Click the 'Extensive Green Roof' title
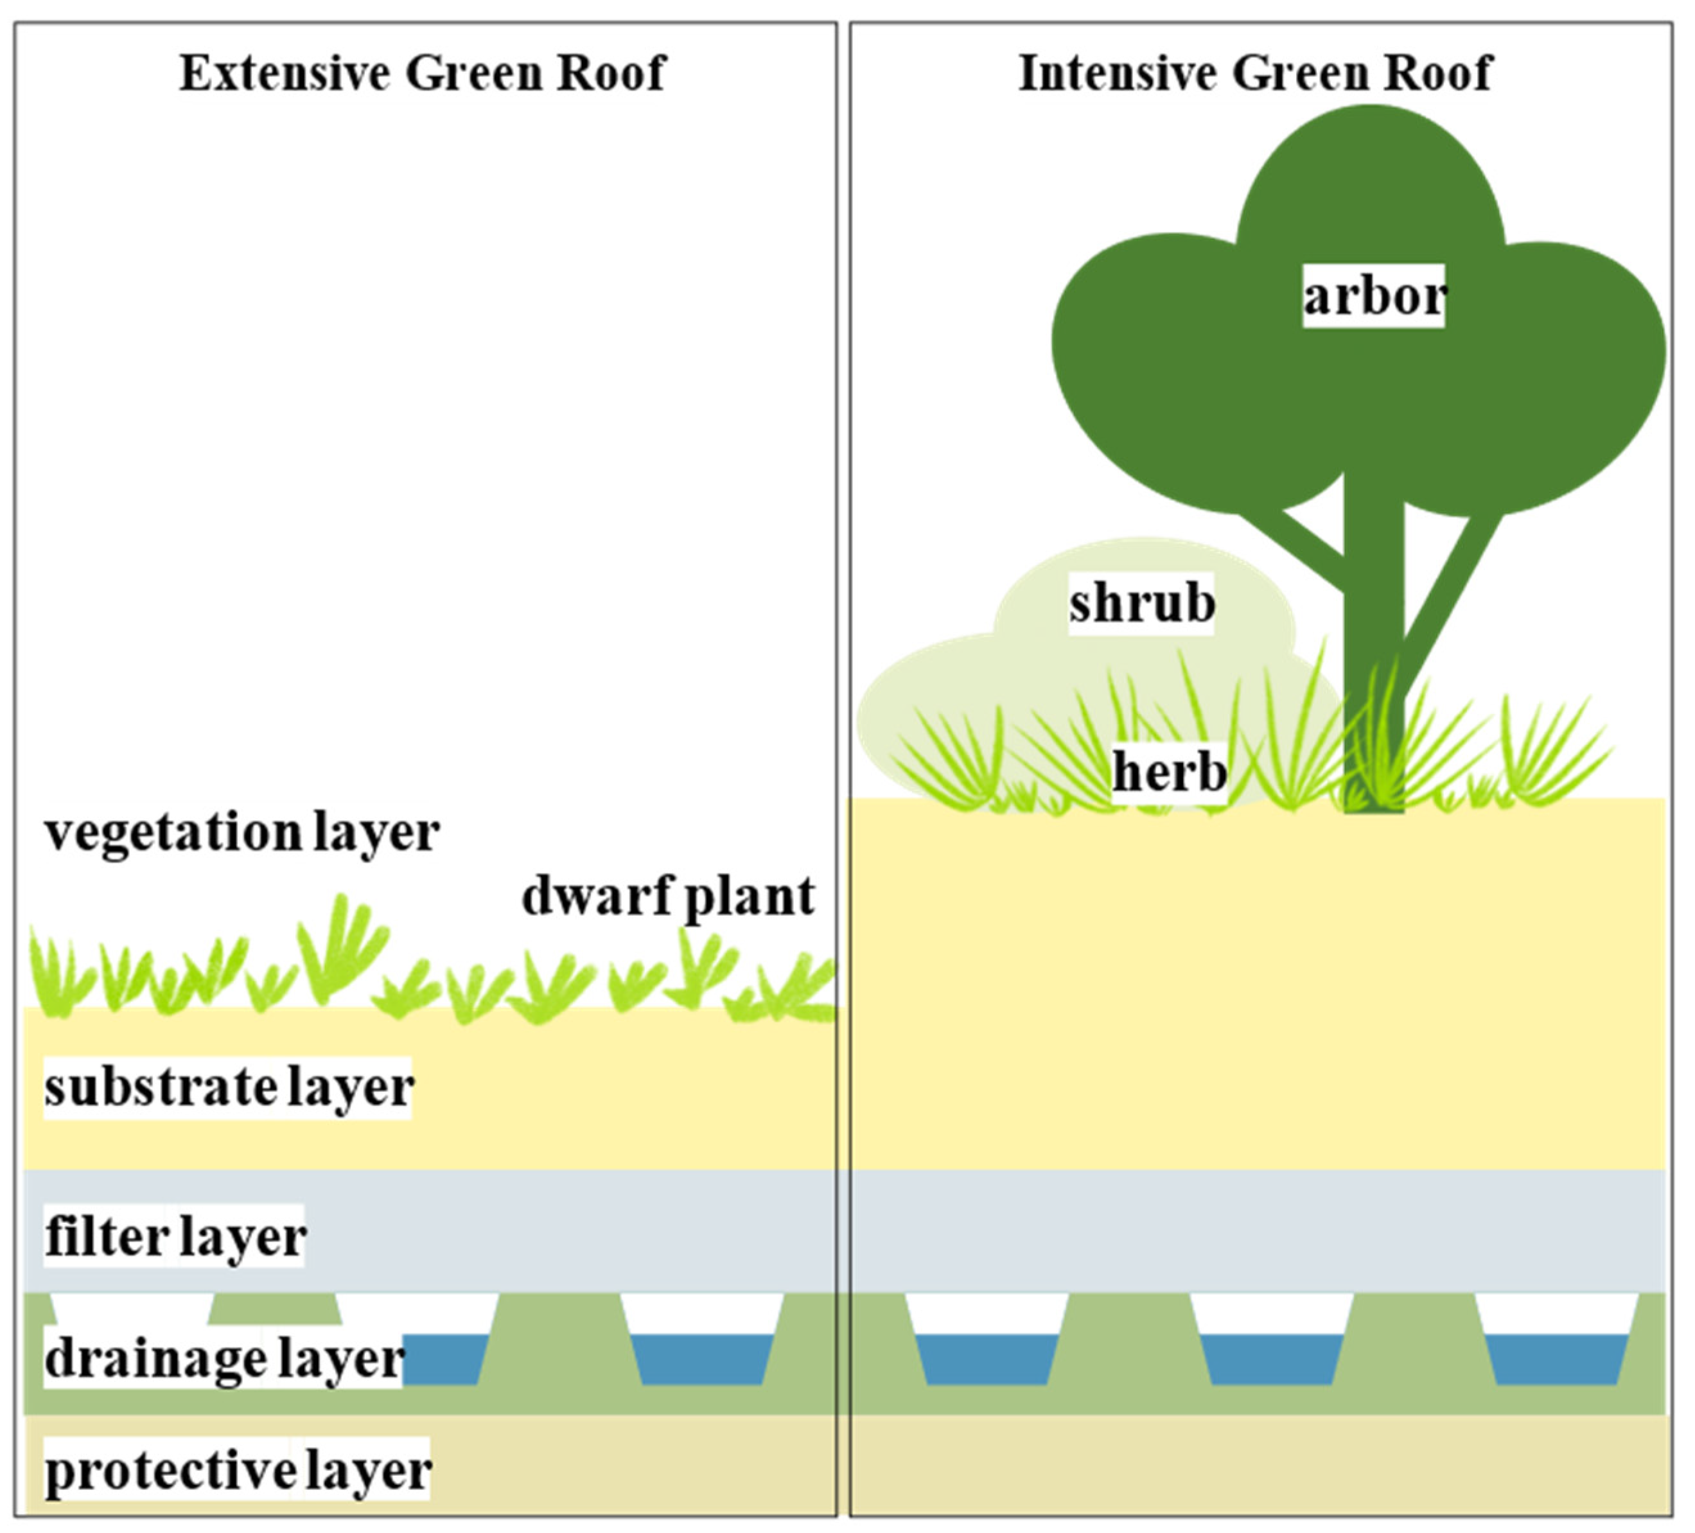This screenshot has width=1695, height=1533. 422,73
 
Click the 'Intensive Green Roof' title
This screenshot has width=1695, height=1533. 1254,73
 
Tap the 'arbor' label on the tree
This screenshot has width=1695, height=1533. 1373,296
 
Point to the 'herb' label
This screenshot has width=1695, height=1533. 1169,771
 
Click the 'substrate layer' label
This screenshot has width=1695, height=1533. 229,1087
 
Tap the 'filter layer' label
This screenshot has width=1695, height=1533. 175,1237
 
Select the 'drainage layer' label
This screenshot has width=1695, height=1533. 224,1359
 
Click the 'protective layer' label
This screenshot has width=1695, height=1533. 238,1471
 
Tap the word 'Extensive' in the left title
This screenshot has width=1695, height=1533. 285,73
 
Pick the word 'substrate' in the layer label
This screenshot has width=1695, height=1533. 160,1087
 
